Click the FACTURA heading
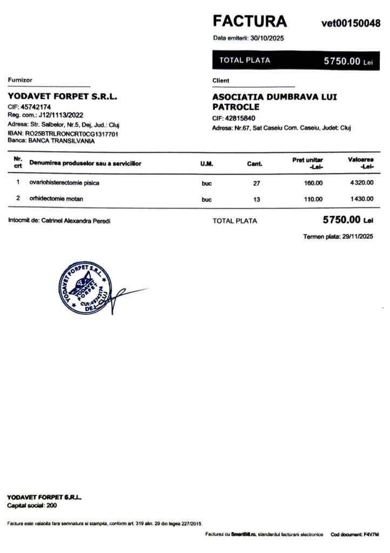pos(250,21)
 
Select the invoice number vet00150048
pos(351,23)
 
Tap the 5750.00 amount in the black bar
pos(342,61)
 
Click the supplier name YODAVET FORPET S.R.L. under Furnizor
pos(63,97)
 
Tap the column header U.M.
pos(207,164)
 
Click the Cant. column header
pos(254,164)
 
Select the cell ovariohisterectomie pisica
pos(64,183)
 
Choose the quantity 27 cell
pos(257,184)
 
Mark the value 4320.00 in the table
pos(362,183)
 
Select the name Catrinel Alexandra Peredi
pos(76,221)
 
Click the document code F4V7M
pos(371,534)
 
